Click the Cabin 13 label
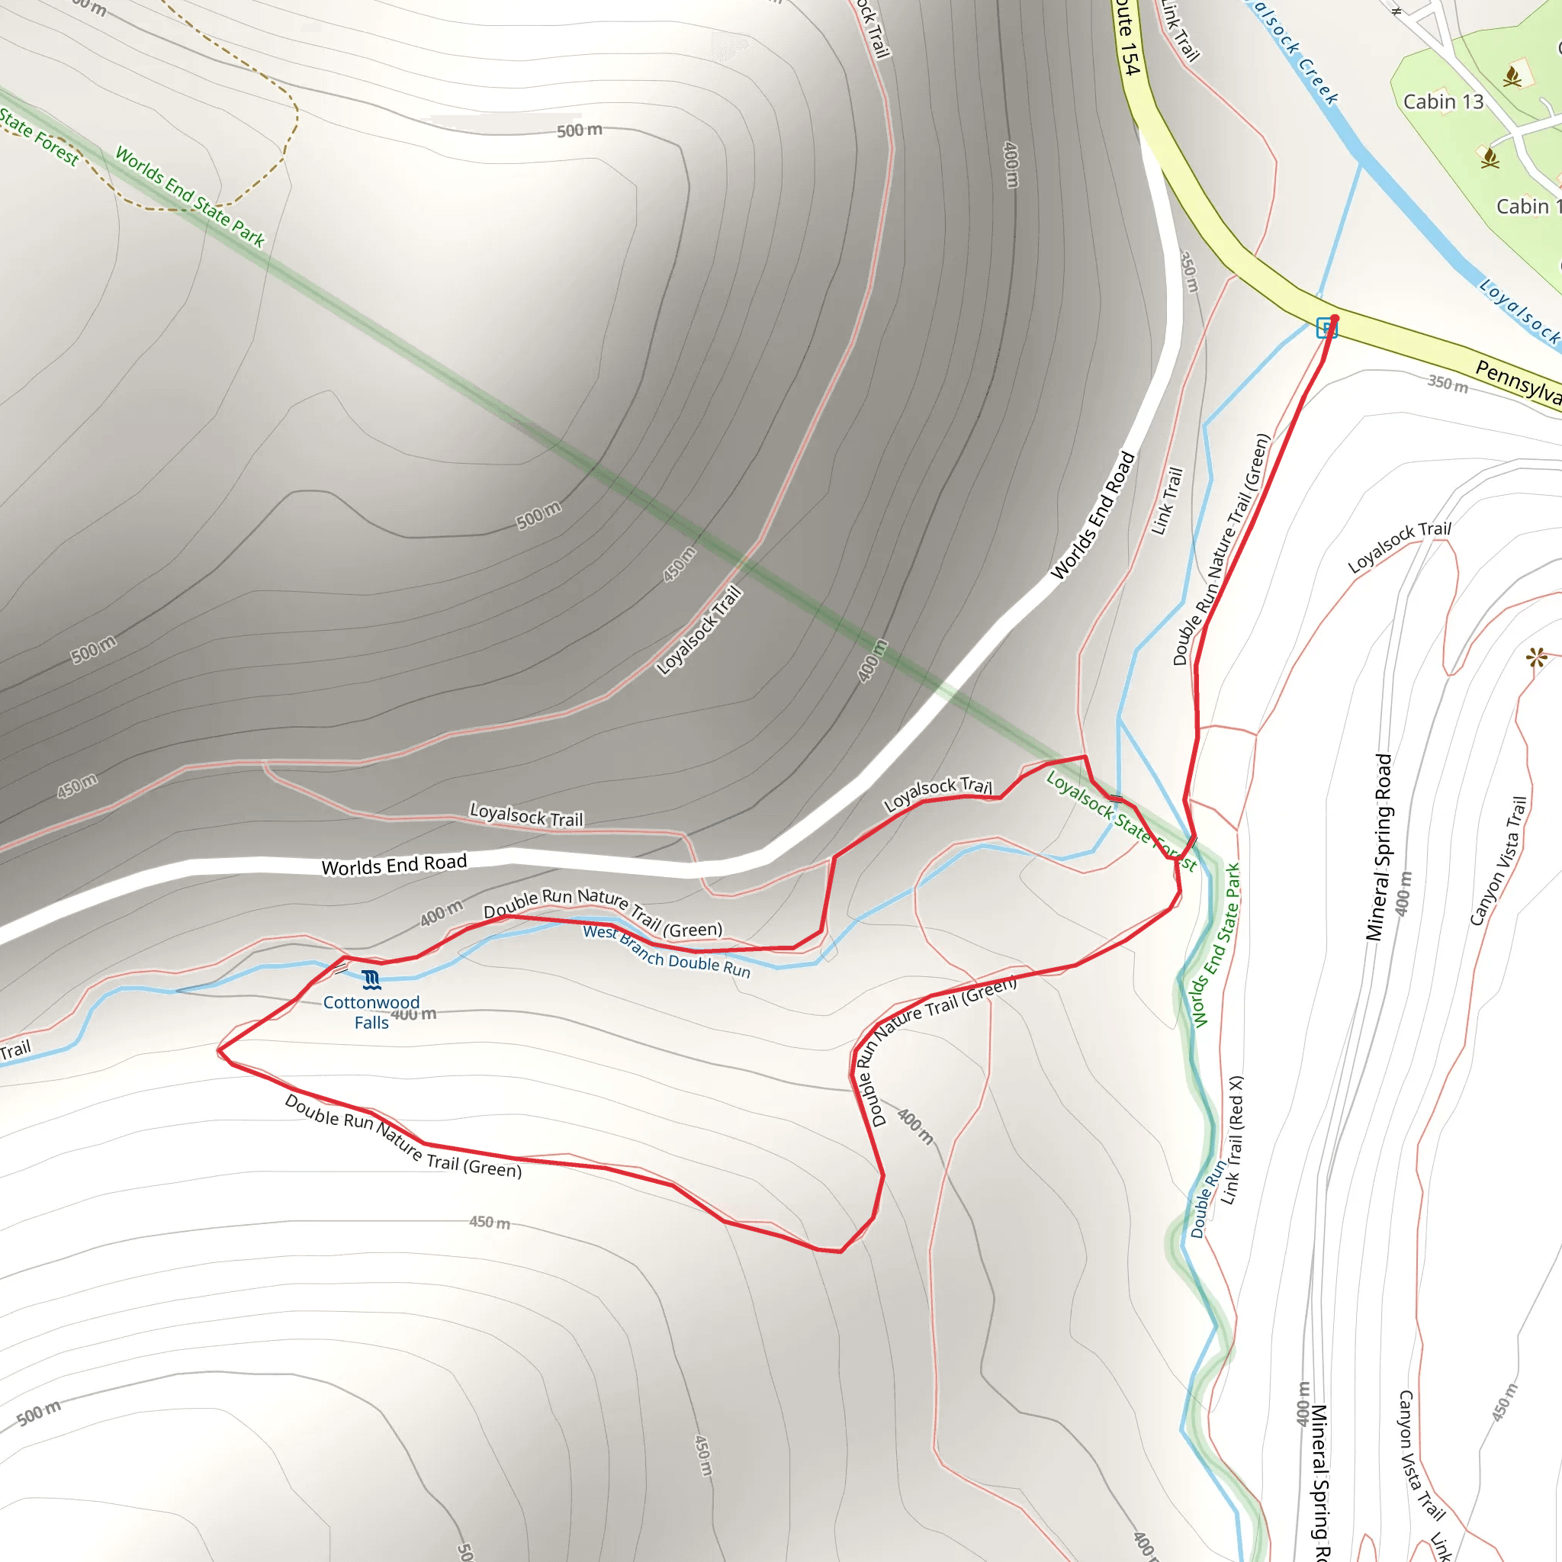(1443, 102)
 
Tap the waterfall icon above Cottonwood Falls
(371, 981)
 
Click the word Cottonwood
(371, 1002)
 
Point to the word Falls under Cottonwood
(371, 1023)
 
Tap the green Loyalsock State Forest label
(1120, 820)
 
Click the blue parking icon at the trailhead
(1326, 327)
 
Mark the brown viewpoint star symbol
(1537, 657)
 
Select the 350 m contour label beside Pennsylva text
(1447, 382)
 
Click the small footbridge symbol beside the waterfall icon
(340, 967)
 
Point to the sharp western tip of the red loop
(218, 1051)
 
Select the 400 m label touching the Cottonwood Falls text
(414, 1014)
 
